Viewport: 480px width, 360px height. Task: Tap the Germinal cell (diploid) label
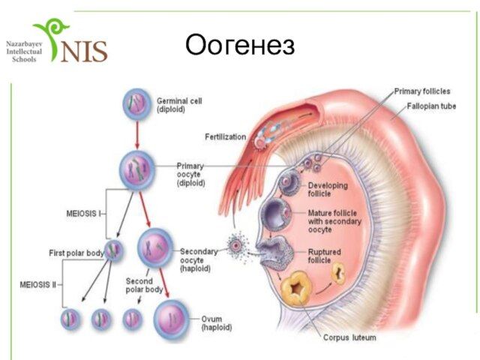click(179, 104)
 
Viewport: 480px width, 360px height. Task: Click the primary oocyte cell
click(136, 169)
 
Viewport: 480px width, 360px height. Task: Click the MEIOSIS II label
click(39, 285)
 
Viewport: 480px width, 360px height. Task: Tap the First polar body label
click(76, 253)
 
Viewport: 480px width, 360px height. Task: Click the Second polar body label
click(144, 285)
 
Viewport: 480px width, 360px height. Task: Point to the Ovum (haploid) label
click(217, 323)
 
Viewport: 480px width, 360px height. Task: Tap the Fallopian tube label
click(431, 106)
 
